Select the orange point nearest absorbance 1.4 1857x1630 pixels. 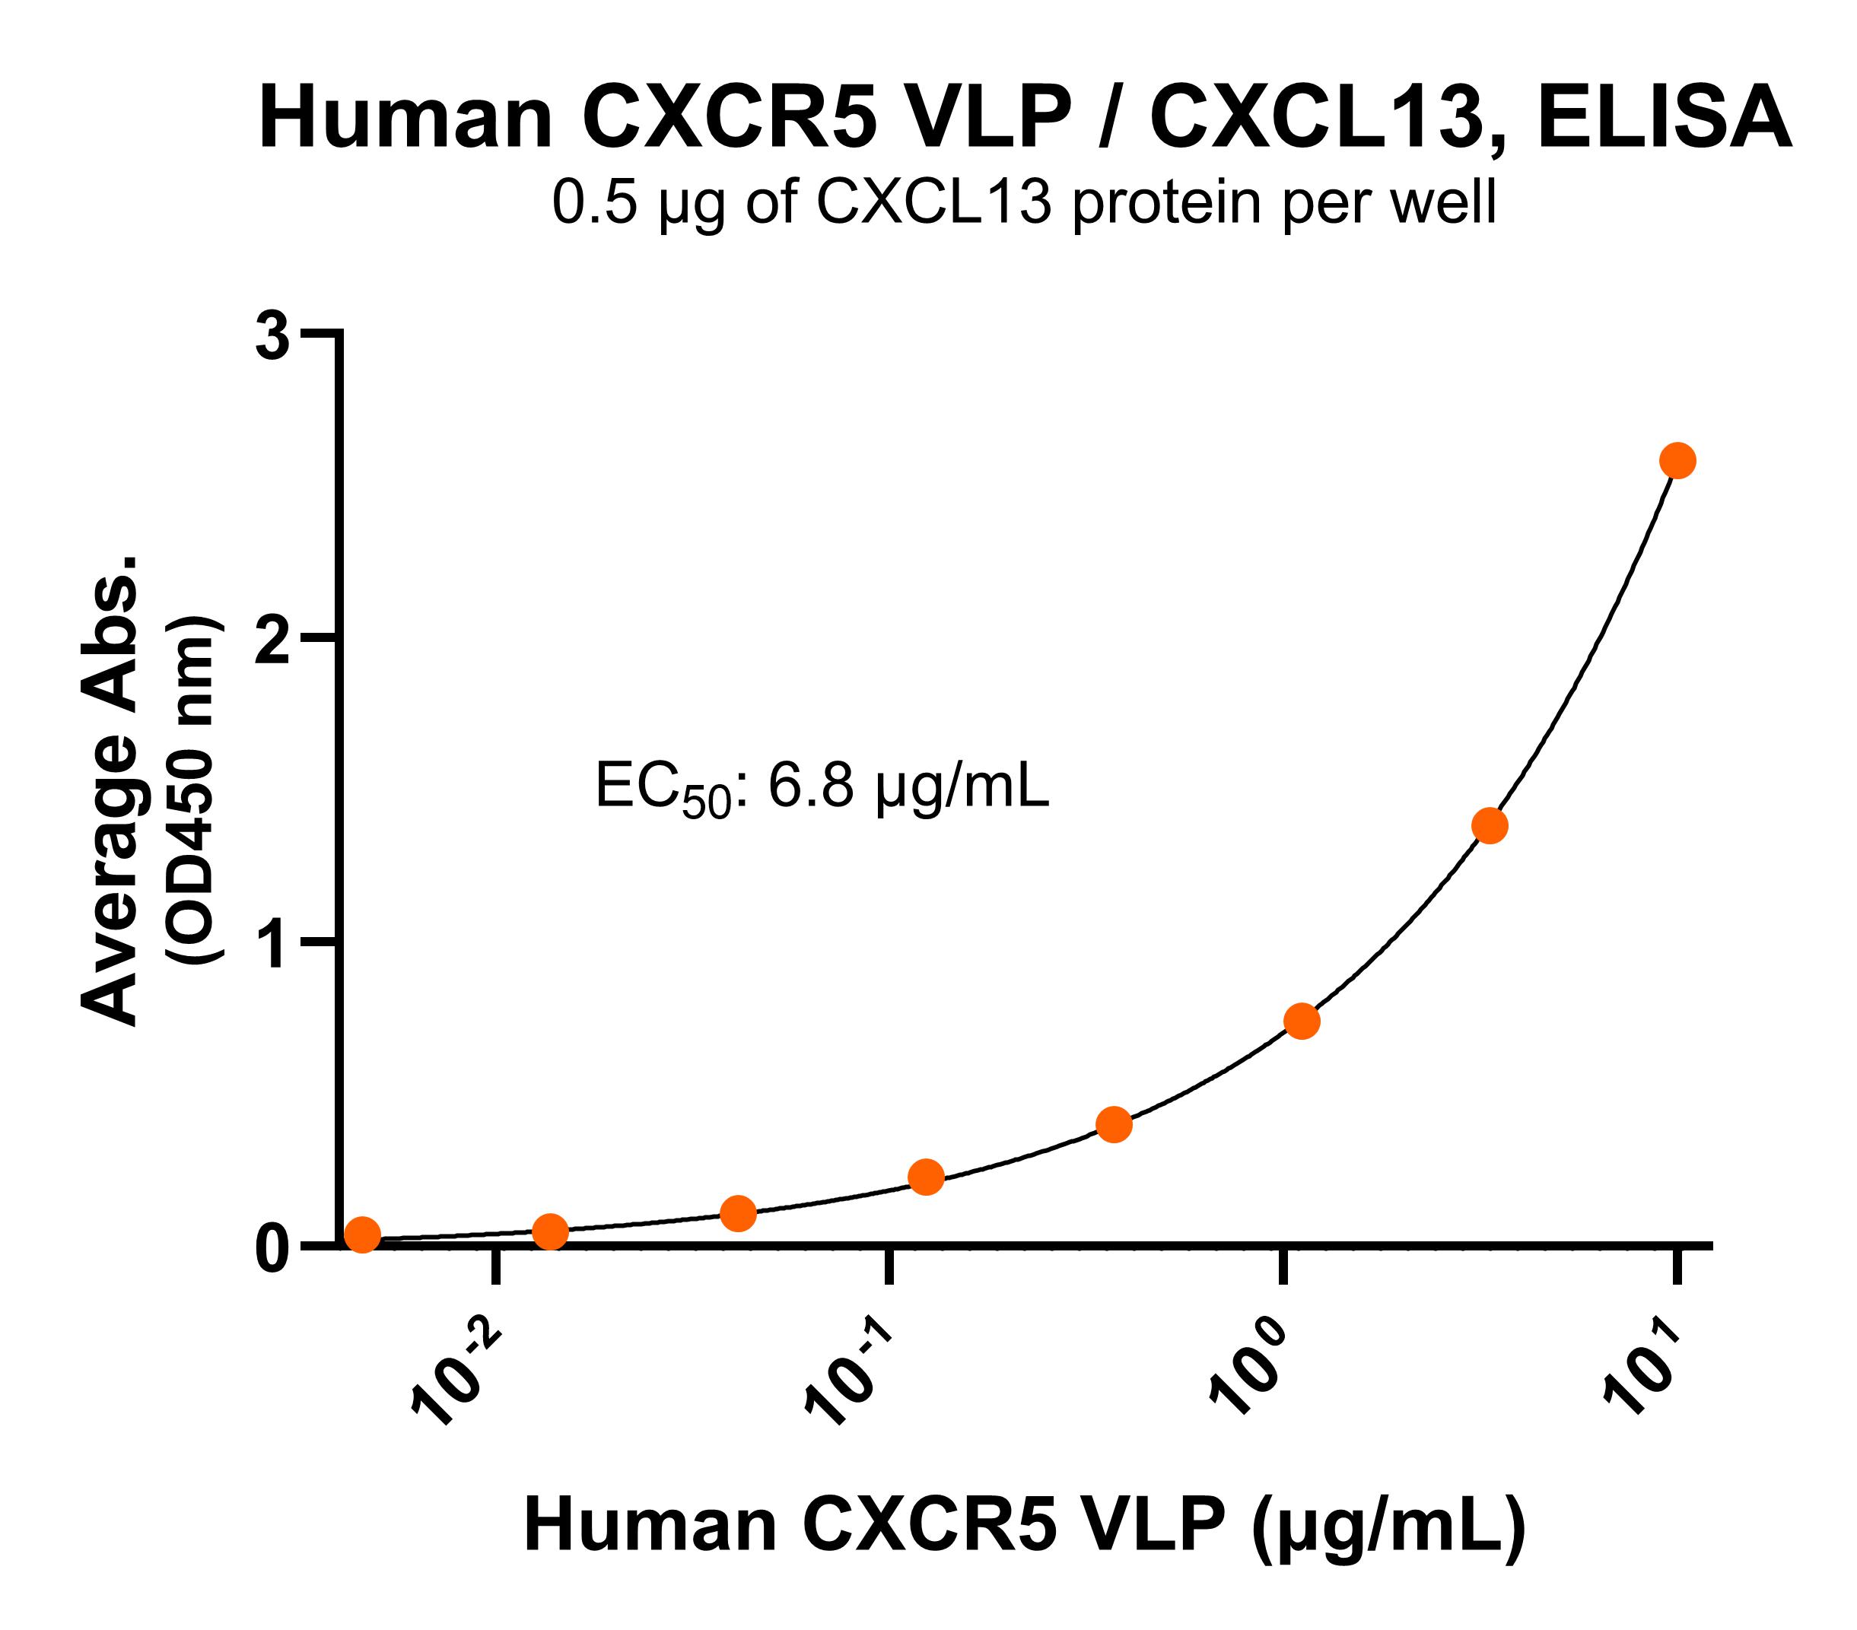pyautogui.click(x=1489, y=826)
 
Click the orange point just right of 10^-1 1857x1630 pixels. pyautogui.click(x=926, y=1177)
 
